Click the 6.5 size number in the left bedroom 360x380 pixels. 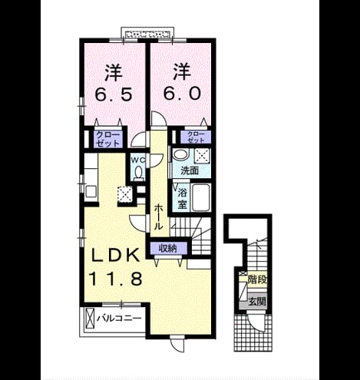114,94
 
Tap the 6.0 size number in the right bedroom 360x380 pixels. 182,94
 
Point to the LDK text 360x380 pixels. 116,255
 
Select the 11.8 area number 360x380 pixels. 115,279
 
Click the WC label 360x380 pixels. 138,160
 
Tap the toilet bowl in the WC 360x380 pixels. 138,172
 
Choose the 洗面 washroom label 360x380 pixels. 190,170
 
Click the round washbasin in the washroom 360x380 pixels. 180,155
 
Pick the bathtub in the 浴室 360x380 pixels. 201,197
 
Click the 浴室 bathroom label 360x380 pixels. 182,198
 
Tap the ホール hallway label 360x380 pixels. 159,216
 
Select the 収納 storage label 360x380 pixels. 168,248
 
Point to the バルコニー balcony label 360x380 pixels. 119,319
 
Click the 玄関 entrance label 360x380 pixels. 257,302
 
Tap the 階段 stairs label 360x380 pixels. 257,280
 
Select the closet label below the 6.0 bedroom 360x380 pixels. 196,137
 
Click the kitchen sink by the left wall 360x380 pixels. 91,191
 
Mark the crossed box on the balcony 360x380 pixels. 90,318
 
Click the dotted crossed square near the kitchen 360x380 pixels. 124,194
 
